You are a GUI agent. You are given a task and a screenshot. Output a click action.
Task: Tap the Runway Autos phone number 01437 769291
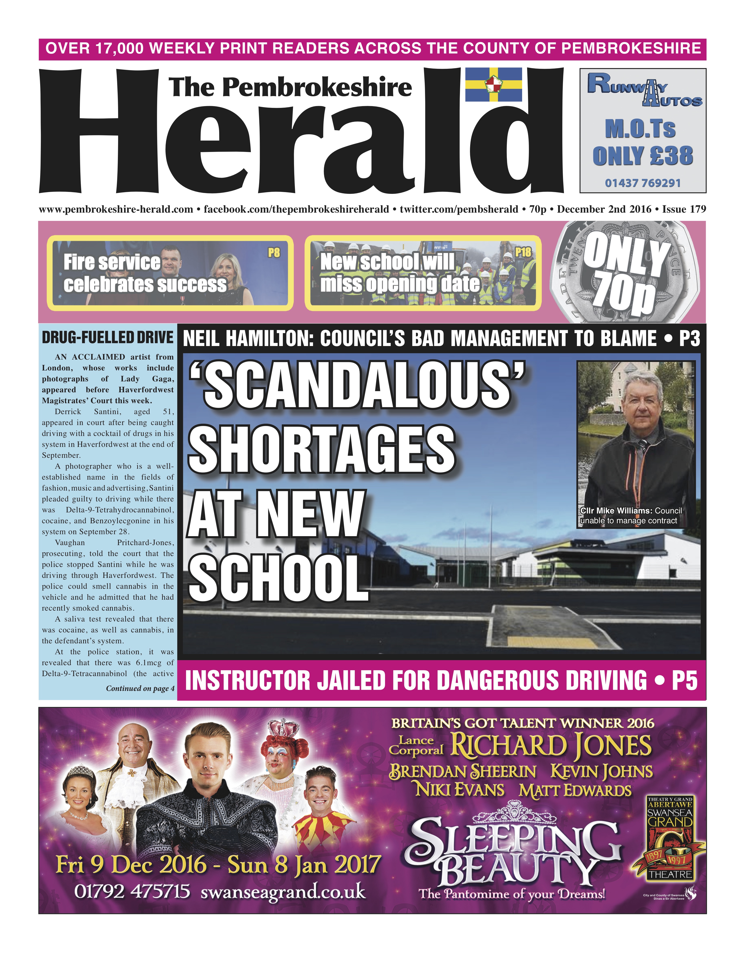click(x=642, y=183)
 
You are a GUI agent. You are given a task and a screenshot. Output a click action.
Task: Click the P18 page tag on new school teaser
click(x=523, y=252)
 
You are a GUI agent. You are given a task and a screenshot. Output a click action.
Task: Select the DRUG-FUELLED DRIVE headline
click(x=107, y=338)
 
